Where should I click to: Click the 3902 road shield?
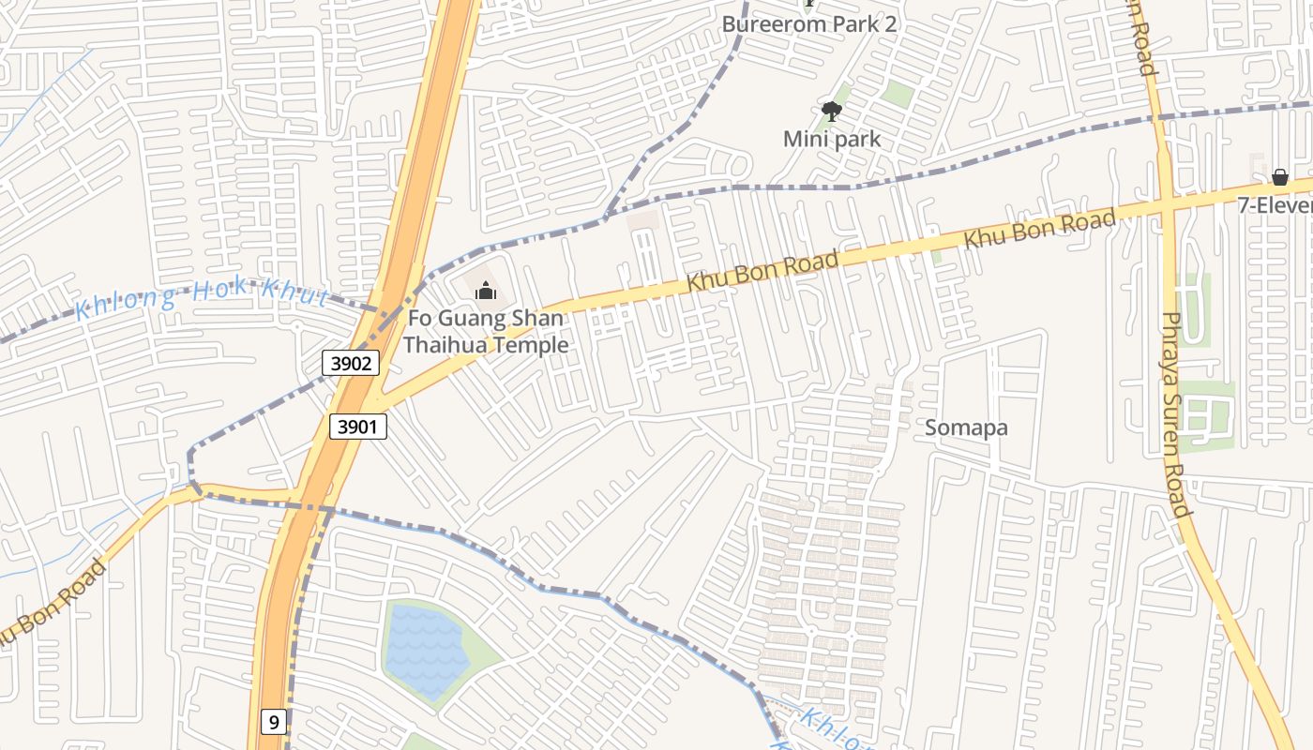point(351,363)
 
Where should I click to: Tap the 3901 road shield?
point(358,427)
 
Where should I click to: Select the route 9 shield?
point(273,722)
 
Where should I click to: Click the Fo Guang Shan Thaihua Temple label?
point(485,332)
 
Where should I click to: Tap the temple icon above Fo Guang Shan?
point(485,292)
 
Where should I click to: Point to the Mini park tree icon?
point(831,112)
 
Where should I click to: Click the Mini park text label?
point(832,140)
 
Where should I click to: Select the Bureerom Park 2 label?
point(808,24)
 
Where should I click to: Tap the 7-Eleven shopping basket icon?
point(1279,177)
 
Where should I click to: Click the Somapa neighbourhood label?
point(966,427)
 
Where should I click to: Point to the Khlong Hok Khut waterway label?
point(201,298)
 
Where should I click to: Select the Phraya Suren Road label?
point(1175,412)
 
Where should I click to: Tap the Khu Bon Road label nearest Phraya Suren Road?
point(1039,230)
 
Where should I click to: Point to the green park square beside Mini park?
point(897,93)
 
